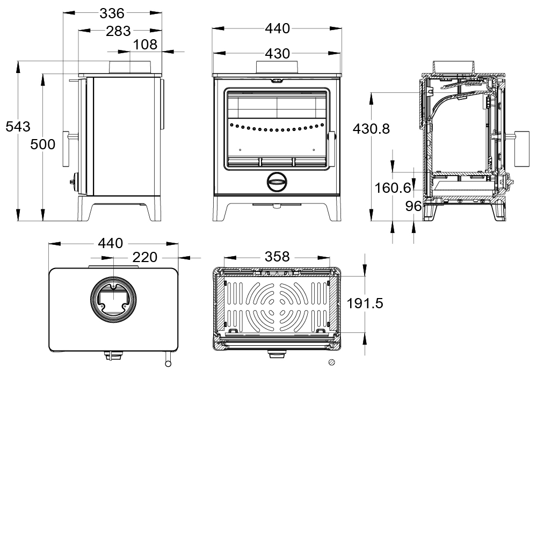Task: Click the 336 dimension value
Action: [x=112, y=13]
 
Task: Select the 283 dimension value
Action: [x=118, y=31]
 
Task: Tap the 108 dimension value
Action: [x=145, y=45]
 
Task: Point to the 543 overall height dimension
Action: [x=18, y=127]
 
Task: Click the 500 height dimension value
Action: [x=42, y=144]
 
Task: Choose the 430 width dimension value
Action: [x=277, y=54]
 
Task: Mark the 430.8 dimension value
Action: [x=371, y=129]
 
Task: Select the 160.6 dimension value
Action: [x=393, y=188]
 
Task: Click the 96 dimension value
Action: [x=413, y=206]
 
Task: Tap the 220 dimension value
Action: [x=144, y=258]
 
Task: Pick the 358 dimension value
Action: [x=277, y=257]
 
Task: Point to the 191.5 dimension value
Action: [x=365, y=304]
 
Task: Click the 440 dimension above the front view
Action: [x=277, y=28]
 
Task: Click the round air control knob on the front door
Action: [x=277, y=182]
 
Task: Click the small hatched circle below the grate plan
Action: [x=332, y=362]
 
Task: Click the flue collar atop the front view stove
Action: [x=277, y=67]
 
